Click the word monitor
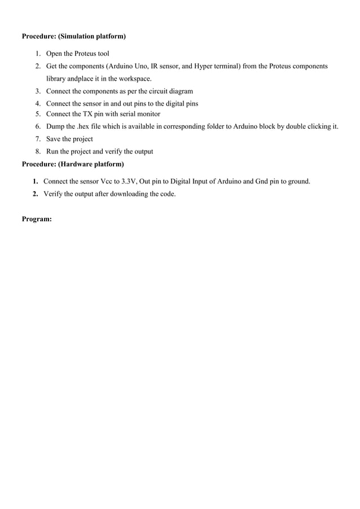click(148, 114)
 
